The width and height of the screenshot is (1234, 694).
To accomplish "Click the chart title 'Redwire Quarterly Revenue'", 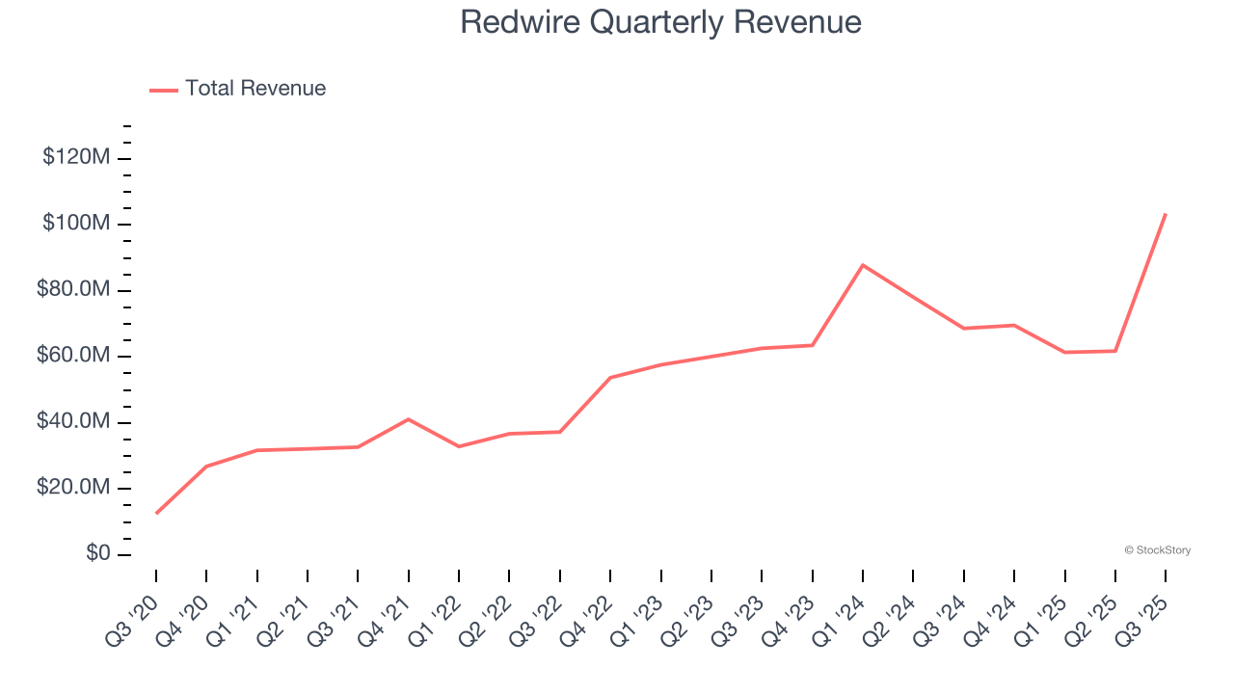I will pyautogui.click(x=660, y=22).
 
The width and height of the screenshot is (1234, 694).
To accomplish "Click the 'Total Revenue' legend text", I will pyautogui.click(x=255, y=89).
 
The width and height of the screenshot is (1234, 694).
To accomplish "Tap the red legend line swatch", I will pyautogui.click(x=164, y=90).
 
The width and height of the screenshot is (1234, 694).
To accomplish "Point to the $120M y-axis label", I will pyautogui.click(x=76, y=157).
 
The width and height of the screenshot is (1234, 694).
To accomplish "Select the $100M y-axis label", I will pyautogui.click(x=76, y=224).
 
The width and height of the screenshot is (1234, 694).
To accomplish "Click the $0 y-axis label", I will pyautogui.click(x=95, y=554).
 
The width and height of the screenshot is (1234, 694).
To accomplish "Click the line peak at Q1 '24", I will pyautogui.click(x=863, y=264).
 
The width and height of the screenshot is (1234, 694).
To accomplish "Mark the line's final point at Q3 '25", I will pyautogui.click(x=1166, y=214).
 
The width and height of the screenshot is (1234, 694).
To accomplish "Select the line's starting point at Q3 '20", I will pyautogui.click(x=156, y=513).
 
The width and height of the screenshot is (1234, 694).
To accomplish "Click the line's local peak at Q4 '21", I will pyautogui.click(x=409, y=419).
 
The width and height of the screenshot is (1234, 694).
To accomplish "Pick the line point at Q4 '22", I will pyautogui.click(x=610, y=378).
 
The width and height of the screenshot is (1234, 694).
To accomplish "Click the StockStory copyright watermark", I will pyautogui.click(x=1157, y=550).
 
